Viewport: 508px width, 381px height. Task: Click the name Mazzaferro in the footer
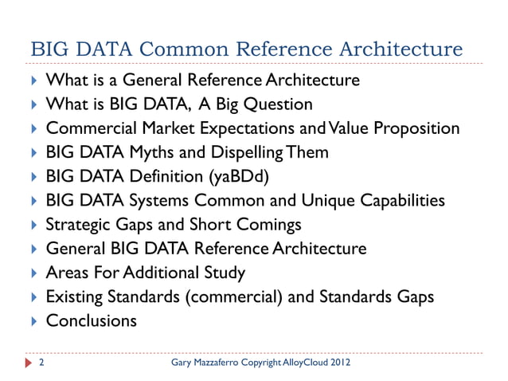click(x=228, y=364)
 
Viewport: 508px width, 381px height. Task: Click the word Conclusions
click(x=92, y=321)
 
